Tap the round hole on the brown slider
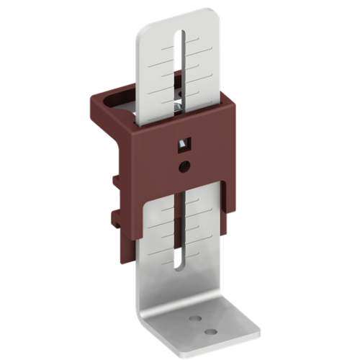coord(186,166)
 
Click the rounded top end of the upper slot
coord(186,35)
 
